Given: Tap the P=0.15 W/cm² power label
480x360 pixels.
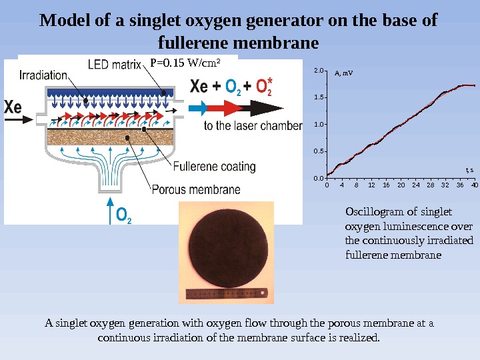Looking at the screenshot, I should pos(185,63).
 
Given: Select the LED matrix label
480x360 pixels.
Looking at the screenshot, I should pos(115,65).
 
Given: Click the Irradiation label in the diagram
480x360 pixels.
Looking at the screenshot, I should pos(42,75).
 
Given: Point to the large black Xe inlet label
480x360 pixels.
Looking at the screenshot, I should pos(13,107).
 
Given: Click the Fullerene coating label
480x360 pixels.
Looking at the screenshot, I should pos(214,167).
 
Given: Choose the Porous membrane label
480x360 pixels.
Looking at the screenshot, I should pos(196,189).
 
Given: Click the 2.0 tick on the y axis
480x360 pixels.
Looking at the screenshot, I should pos(318,70).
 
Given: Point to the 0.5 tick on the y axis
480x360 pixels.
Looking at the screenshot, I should pos(318,151).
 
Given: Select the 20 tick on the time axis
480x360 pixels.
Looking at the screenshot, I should pos(401,185).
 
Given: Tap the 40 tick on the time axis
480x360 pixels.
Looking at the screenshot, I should pos(474,185).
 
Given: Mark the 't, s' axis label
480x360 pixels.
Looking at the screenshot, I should pos(469,170).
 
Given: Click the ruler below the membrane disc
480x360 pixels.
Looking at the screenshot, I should pos(227,293).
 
